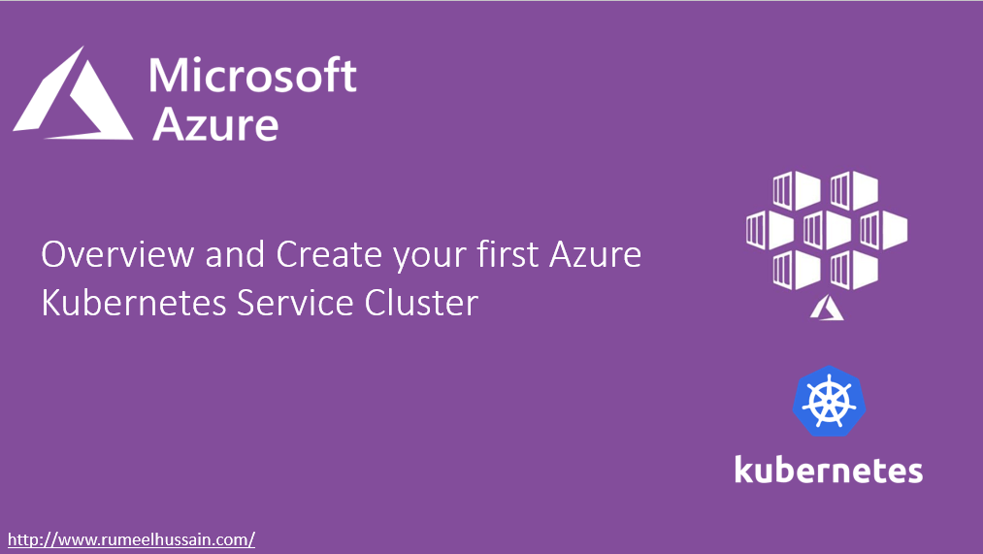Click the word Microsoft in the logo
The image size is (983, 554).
253,76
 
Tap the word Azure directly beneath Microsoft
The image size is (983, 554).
216,124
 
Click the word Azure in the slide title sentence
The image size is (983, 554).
596,255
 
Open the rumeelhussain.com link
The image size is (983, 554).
131,539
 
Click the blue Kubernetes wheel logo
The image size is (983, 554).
829,401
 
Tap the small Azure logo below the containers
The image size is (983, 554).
828,308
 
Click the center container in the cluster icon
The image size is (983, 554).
828,230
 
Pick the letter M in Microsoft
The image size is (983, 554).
168,76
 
